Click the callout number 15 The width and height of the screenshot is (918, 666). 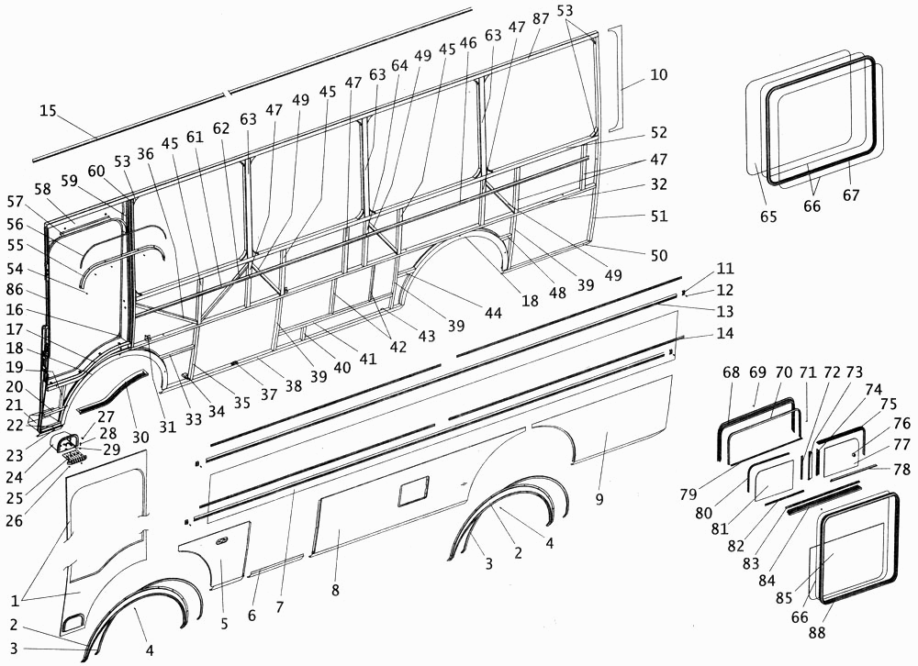click(x=48, y=111)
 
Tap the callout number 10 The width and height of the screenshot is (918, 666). click(x=658, y=74)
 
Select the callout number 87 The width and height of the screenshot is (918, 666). click(x=541, y=20)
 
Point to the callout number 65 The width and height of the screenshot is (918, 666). click(x=768, y=216)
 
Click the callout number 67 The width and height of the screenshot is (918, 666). click(x=851, y=196)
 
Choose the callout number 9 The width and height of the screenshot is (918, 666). click(x=599, y=498)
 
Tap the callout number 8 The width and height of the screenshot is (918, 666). click(x=335, y=590)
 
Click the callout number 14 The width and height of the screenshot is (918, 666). click(x=726, y=334)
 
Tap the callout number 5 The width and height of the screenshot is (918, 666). click(x=223, y=625)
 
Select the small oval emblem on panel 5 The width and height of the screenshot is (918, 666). click(x=221, y=543)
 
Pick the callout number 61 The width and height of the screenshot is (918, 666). click(x=193, y=137)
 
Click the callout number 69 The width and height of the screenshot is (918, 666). click(x=757, y=372)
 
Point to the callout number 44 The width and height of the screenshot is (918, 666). click(x=493, y=314)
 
